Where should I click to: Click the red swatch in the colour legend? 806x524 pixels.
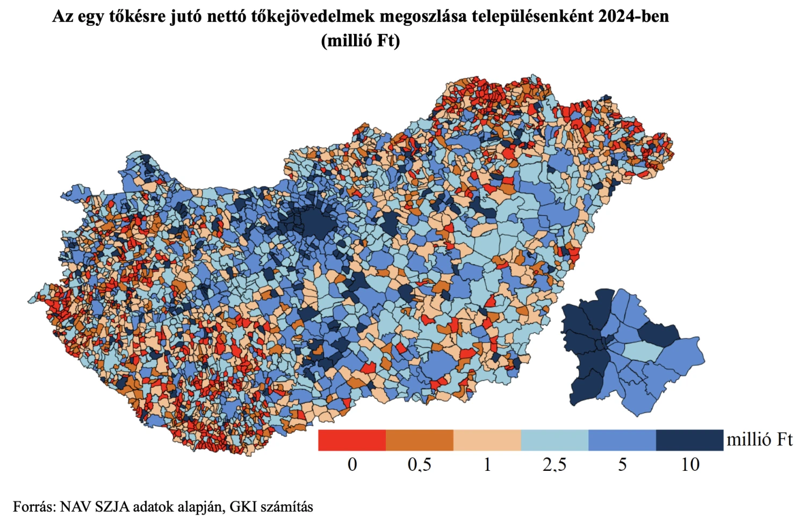pyautogui.click(x=352, y=440)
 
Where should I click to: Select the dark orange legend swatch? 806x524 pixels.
pyautogui.click(x=420, y=440)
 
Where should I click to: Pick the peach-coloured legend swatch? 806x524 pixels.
pyautogui.click(x=487, y=440)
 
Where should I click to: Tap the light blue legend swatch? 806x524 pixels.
pyautogui.click(x=555, y=440)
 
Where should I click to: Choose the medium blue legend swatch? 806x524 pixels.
pyautogui.click(x=622, y=440)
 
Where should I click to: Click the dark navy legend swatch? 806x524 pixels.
pyautogui.click(x=689, y=440)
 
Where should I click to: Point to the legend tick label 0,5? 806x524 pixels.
pyautogui.click(x=420, y=464)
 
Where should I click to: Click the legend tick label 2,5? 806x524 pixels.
pyautogui.click(x=555, y=464)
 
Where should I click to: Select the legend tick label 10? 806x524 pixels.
pyautogui.click(x=690, y=464)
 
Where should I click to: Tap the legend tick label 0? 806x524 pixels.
pyautogui.click(x=352, y=464)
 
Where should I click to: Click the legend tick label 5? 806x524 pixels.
pyautogui.click(x=622, y=464)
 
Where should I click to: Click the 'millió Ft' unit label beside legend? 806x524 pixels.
pyautogui.click(x=759, y=440)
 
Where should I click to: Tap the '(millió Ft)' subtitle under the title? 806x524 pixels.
pyautogui.click(x=360, y=40)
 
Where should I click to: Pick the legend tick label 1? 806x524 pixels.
pyautogui.click(x=487, y=464)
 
